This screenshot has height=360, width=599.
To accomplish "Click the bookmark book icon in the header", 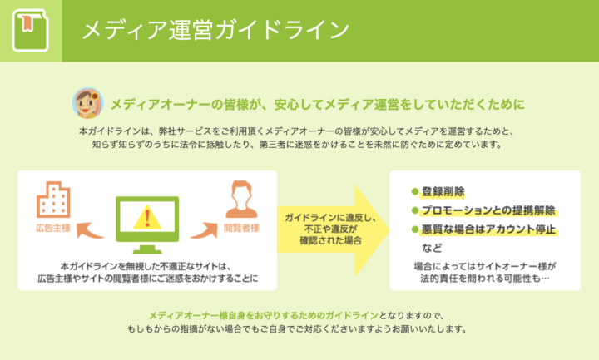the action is (x=31, y=30).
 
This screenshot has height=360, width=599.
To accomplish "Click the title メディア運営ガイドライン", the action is (x=215, y=30).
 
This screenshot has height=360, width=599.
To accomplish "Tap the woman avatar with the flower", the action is (x=88, y=103).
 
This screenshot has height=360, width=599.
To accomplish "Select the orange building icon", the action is (x=53, y=200).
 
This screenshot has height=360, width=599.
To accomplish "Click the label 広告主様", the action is (x=53, y=229).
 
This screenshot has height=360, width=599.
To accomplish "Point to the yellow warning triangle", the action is (x=147, y=218).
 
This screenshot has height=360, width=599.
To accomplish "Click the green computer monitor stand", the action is (x=147, y=249).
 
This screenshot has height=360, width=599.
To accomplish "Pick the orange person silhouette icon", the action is (x=241, y=200).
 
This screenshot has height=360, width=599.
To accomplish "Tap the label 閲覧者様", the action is (x=241, y=229).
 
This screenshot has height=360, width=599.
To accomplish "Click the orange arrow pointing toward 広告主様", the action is (x=89, y=231).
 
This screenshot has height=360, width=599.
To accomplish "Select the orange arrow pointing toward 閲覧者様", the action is (x=205, y=231).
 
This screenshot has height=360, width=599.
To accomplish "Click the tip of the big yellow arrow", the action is (x=389, y=230).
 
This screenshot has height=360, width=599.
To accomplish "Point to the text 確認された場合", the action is (x=331, y=241).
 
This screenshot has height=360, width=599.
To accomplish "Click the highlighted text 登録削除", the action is (x=443, y=191).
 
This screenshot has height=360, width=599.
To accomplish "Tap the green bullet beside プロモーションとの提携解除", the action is (x=415, y=210).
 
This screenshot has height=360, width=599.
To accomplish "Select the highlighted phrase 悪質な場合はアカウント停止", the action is (x=488, y=229).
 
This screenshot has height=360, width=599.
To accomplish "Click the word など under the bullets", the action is (x=432, y=248).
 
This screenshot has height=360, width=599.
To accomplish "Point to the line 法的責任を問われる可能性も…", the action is (x=485, y=279).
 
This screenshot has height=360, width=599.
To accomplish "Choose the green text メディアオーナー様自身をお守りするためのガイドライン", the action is (x=263, y=316).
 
